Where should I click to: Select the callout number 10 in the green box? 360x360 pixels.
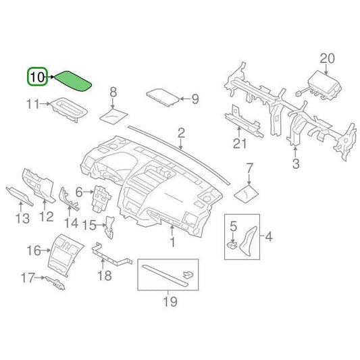pos(37,78)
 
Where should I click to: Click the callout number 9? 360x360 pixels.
pos(195,100)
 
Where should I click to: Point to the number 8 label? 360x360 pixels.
pos(113,92)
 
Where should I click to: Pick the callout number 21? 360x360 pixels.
pos(237,142)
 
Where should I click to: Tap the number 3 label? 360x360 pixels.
pos(295,163)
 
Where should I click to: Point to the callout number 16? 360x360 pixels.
pos(34,251)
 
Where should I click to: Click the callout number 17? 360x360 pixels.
pos(27,277)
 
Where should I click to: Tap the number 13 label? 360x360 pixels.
pos(22,218)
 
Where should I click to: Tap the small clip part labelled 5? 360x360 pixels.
pos(232,245)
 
